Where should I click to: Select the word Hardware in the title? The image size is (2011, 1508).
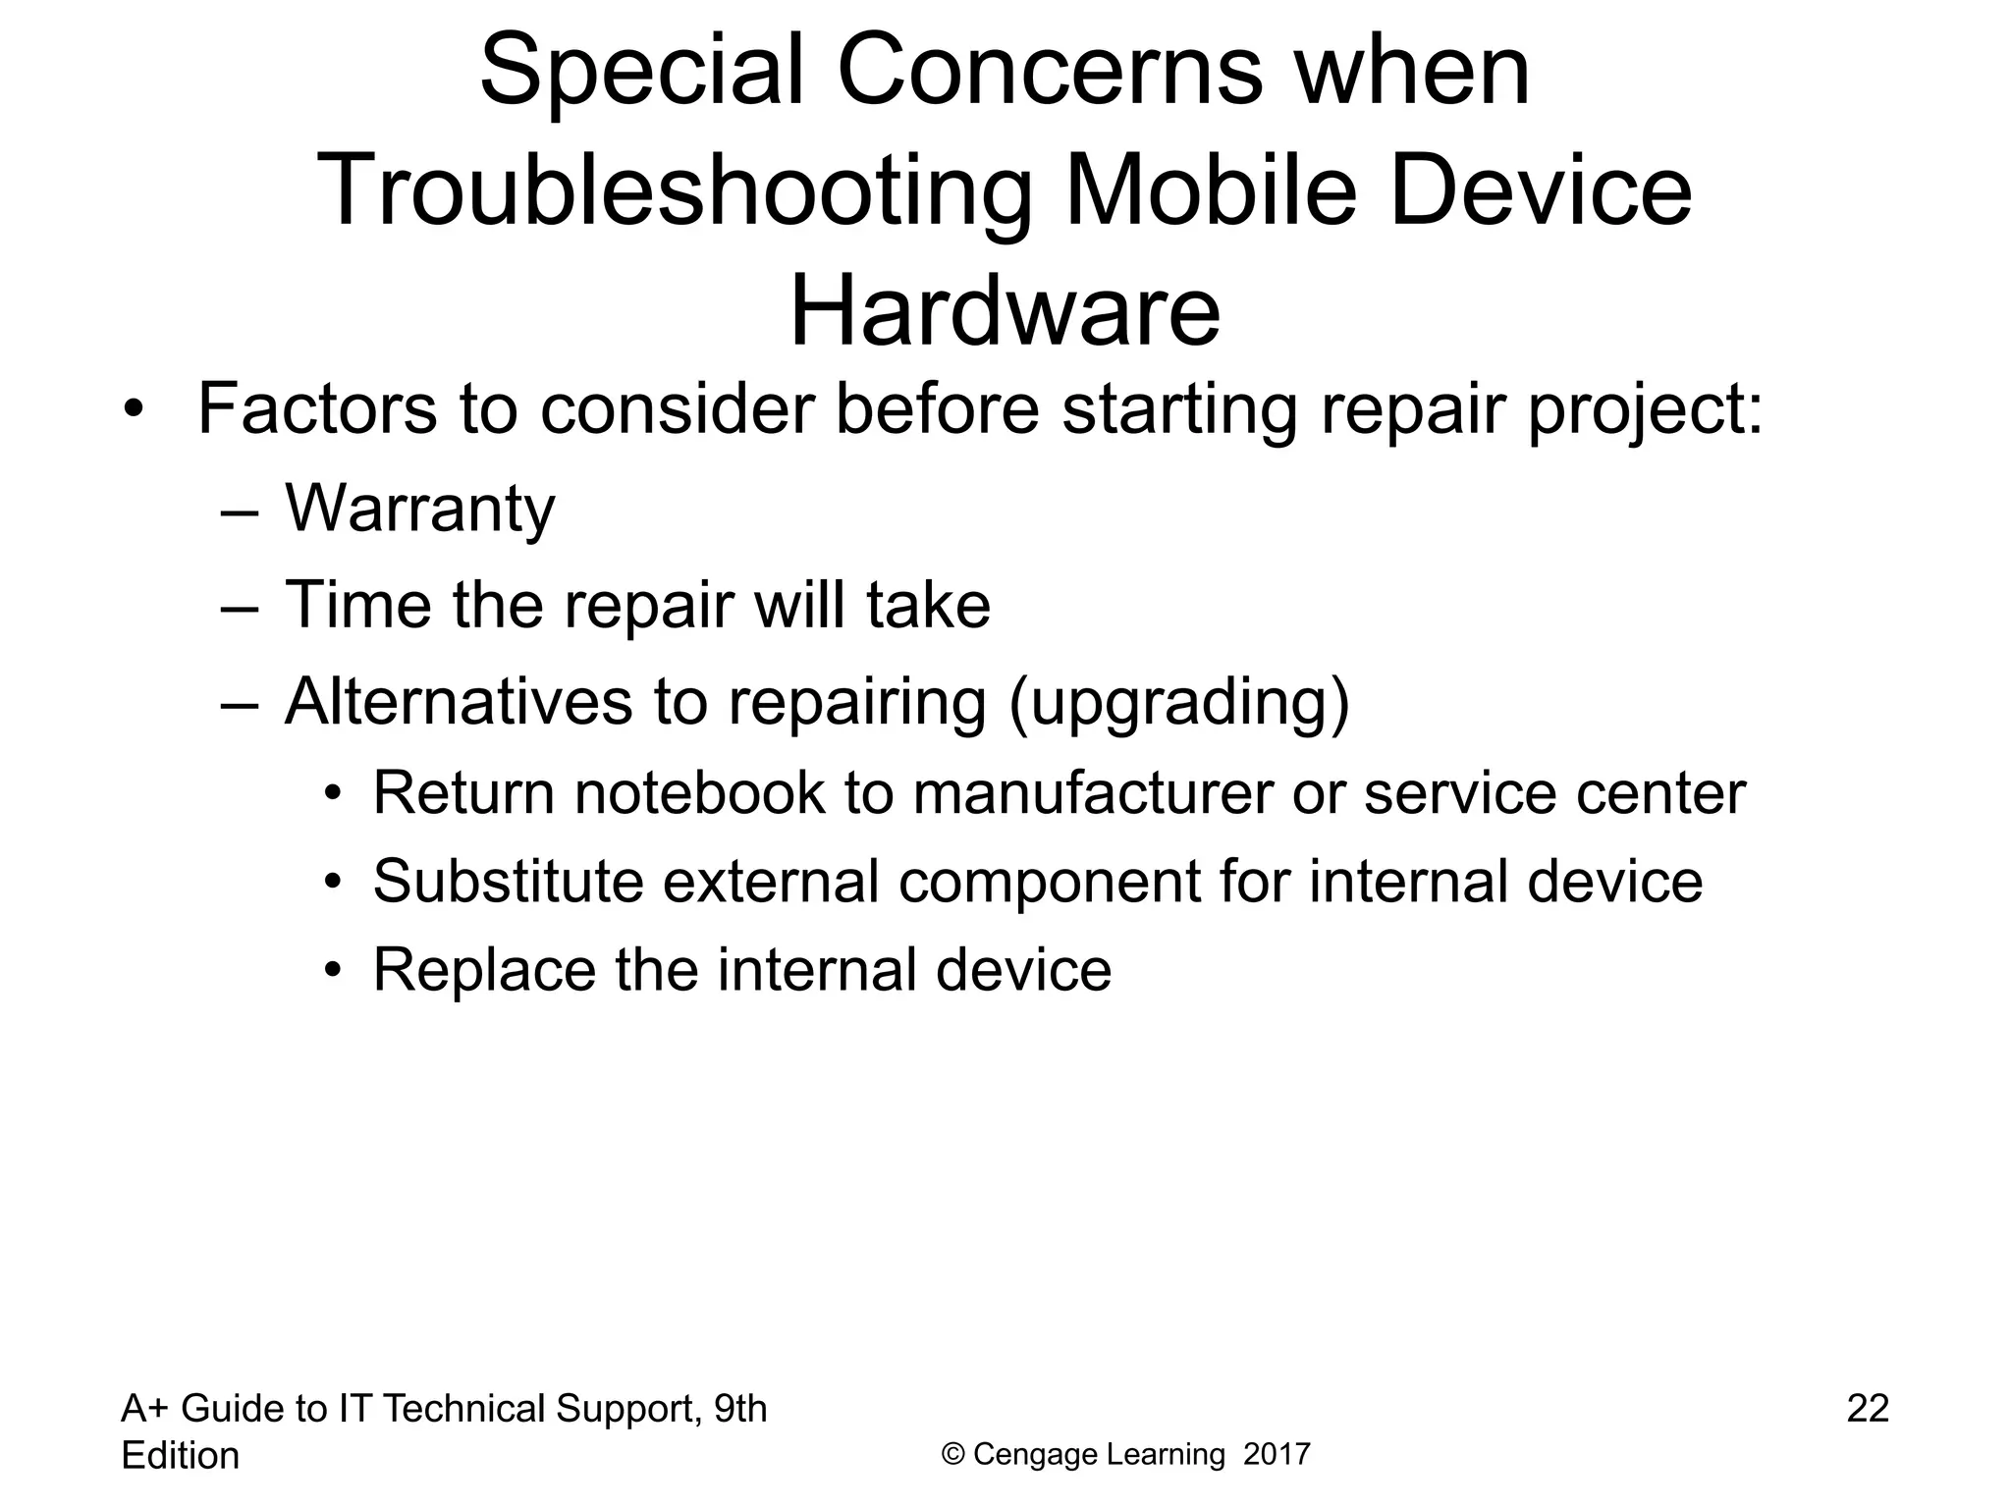click(1005, 311)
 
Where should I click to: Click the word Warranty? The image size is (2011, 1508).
click(419, 510)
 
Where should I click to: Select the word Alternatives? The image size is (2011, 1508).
click(459, 702)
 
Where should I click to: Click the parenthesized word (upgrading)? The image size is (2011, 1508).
click(1179, 704)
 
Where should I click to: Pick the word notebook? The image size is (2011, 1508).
click(700, 793)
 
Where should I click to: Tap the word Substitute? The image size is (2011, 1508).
click(508, 881)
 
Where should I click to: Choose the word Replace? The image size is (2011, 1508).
click(484, 970)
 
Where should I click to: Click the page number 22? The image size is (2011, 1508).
click(1868, 1409)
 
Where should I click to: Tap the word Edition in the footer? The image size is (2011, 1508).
click(180, 1456)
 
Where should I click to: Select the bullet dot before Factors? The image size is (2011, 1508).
click(135, 410)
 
